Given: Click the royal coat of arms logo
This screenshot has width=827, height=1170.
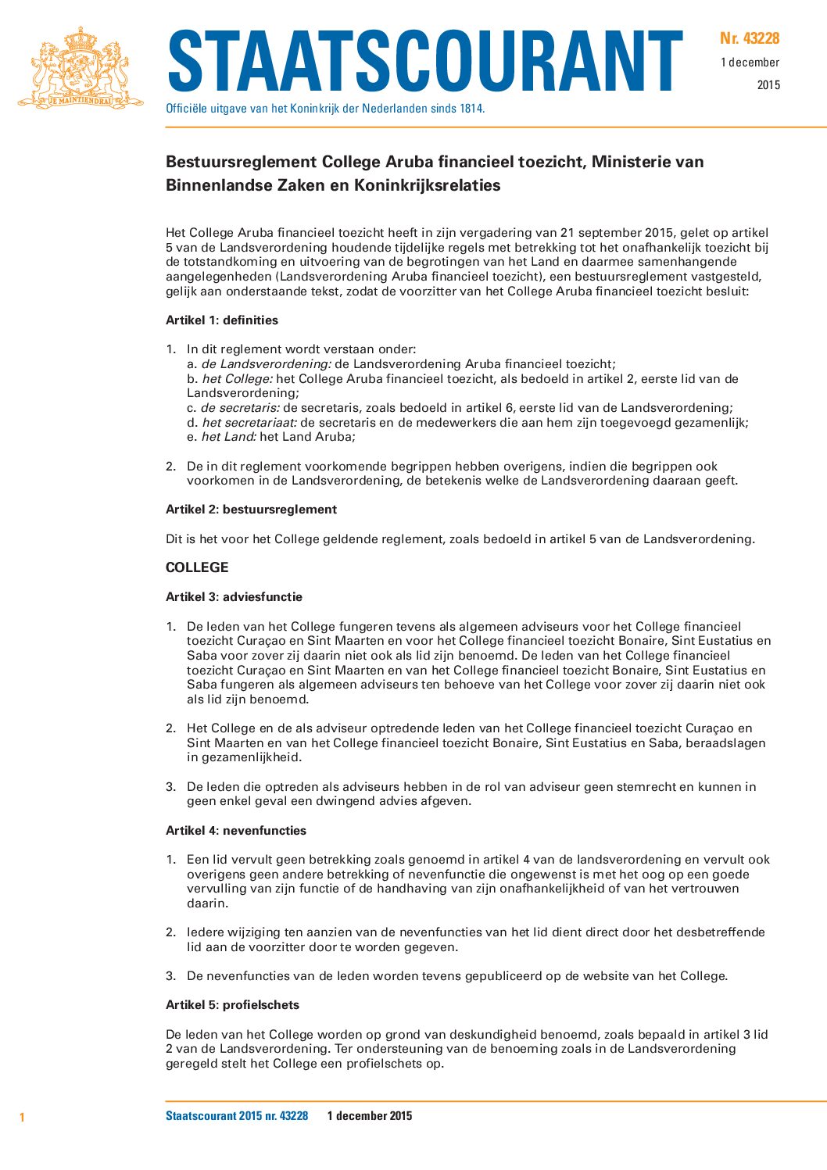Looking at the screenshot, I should (81, 68).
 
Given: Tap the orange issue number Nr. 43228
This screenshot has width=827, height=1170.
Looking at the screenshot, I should (750, 38).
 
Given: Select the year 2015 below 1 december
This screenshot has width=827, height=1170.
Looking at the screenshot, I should (768, 85).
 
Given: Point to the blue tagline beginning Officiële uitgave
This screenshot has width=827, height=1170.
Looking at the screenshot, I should (325, 109).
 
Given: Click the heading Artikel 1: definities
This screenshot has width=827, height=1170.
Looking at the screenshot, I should (222, 320).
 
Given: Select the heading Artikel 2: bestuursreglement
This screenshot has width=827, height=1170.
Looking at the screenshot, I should (251, 510).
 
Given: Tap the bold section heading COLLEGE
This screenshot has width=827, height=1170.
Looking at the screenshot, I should (197, 567).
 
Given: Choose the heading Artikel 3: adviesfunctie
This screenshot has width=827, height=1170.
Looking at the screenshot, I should (234, 597).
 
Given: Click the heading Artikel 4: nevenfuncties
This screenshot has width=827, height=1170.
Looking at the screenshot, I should (236, 831).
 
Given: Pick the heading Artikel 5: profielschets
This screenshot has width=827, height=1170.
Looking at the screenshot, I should (232, 1005).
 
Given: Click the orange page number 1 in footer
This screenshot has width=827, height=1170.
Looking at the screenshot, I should (22, 1118).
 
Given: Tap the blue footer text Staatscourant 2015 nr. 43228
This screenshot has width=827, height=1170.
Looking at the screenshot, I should (237, 1116).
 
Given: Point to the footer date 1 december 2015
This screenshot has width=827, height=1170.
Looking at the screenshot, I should (370, 1116).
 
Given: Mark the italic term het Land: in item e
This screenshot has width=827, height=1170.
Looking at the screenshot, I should (229, 437).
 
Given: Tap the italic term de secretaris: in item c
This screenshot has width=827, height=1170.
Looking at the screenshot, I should (240, 408).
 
